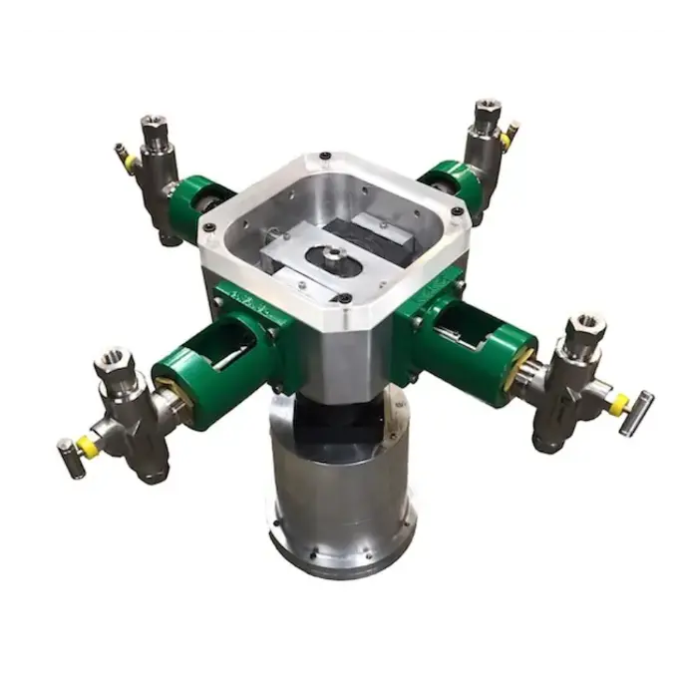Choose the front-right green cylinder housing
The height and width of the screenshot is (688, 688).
tap(479, 351)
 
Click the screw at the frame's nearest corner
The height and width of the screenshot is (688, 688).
tap(343, 298)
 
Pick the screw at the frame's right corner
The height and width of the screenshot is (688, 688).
tap(457, 210)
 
